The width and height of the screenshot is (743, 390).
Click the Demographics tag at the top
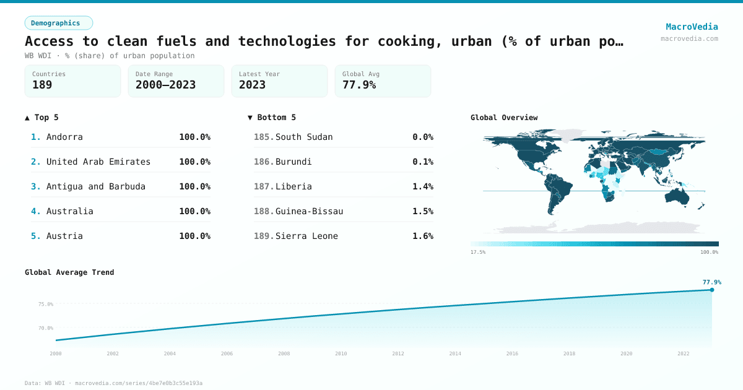point(59,23)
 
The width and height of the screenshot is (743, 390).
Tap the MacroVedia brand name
point(692,27)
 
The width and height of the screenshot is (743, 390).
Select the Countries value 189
point(42,85)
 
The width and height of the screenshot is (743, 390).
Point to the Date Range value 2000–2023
point(165,85)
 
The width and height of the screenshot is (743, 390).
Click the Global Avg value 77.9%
point(359,85)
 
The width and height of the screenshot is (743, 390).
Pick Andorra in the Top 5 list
point(64,137)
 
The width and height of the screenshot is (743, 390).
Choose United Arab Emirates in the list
point(98,162)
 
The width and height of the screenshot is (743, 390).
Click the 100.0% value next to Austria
point(194,236)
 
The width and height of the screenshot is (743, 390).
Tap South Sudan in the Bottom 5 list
point(304,137)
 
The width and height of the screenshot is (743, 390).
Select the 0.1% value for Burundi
point(423,162)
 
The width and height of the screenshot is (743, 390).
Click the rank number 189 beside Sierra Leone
point(264,236)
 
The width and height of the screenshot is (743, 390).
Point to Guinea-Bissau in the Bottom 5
point(309,211)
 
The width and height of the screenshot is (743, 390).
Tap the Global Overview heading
point(504,118)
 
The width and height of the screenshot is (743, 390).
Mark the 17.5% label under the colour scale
point(478,252)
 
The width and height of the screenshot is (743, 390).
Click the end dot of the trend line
point(711,290)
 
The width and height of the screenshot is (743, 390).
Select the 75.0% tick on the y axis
point(46,304)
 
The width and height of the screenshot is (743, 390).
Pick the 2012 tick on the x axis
point(398,353)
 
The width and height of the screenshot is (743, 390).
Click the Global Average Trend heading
point(69,272)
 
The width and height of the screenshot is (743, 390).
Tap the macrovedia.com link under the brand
point(689,38)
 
